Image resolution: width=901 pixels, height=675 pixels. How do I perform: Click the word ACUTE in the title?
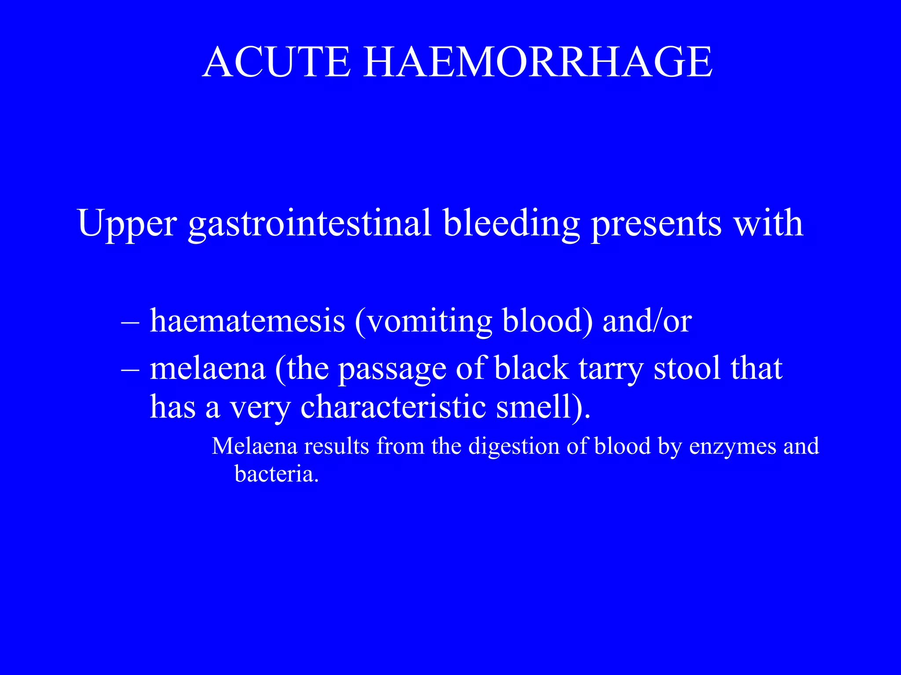click(x=277, y=62)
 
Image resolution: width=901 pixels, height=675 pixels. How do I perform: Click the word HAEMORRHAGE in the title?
click(x=537, y=62)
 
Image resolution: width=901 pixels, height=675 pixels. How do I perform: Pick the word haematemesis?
click(x=247, y=321)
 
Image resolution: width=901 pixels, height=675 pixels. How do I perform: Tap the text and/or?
click(x=647, y=321)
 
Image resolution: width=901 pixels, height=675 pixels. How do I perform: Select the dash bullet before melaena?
click(x=130, y=369)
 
